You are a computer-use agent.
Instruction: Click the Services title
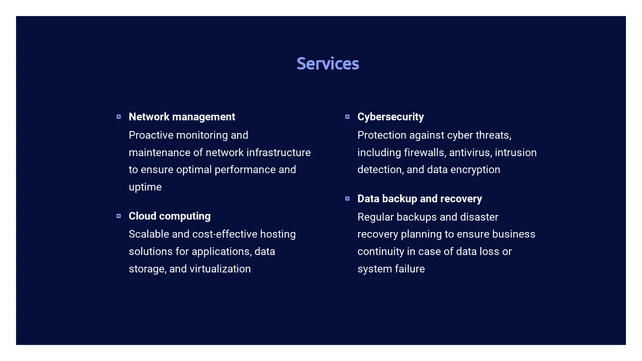(x=328, y=64)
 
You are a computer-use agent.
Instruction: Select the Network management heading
(x=182, y=117)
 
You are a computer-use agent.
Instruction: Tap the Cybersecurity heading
(x=391, y=117)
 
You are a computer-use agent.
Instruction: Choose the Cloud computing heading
(x=170, y=216)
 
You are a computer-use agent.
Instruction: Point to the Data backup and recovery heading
(x=420, y=199)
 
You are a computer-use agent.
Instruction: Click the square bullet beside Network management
(x=119, y=117)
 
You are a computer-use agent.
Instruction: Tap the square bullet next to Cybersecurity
(x=347, y=117)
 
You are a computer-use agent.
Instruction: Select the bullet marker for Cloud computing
(x=119, y=216)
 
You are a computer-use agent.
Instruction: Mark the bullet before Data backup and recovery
(x=347, y=199)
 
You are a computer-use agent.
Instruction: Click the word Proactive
(x=151, y=135)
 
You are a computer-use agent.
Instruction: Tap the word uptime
(x=145, y=187)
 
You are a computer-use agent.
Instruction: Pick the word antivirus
(x=470, y=152)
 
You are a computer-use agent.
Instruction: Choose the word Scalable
(x=149, y=234)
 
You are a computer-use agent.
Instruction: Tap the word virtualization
(x=220, y=269)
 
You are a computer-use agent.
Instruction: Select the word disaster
(x=479, y=217)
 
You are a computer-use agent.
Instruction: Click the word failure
(x=410, y=269)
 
